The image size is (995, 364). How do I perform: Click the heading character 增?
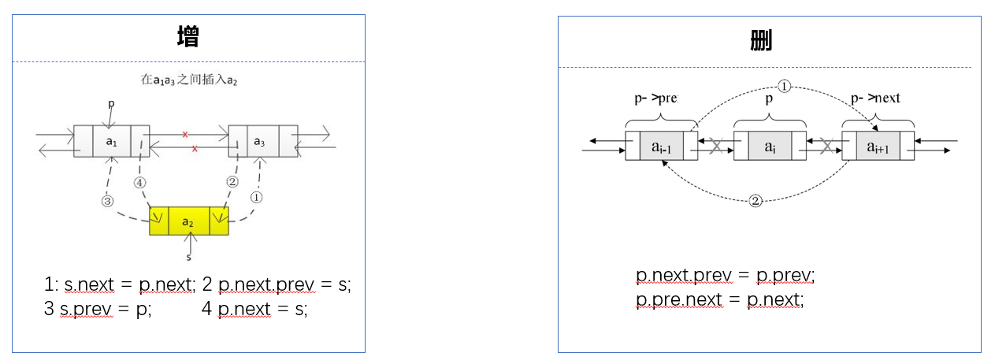(188, 37)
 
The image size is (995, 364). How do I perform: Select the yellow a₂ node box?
(189, 222)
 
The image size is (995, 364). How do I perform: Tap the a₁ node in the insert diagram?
(111, 141)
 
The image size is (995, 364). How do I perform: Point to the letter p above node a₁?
(110, 103)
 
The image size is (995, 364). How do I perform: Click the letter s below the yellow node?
(189, 257)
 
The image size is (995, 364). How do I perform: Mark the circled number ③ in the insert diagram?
(108, 201)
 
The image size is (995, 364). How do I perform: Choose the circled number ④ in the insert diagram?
(140, 182)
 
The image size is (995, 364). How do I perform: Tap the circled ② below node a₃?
(232, 181)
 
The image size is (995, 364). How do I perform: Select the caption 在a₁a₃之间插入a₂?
(188, 80)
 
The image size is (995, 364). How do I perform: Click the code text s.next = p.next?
(129, 285)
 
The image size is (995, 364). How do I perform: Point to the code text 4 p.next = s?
(254, 310)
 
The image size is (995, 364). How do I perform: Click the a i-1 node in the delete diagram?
(662, 147)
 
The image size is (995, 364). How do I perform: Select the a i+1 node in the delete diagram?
(878, 147)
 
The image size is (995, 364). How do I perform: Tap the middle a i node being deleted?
(770, 147)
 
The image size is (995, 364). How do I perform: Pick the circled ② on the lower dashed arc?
(756, 201)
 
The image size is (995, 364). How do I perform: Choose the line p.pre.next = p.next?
(720, 299)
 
